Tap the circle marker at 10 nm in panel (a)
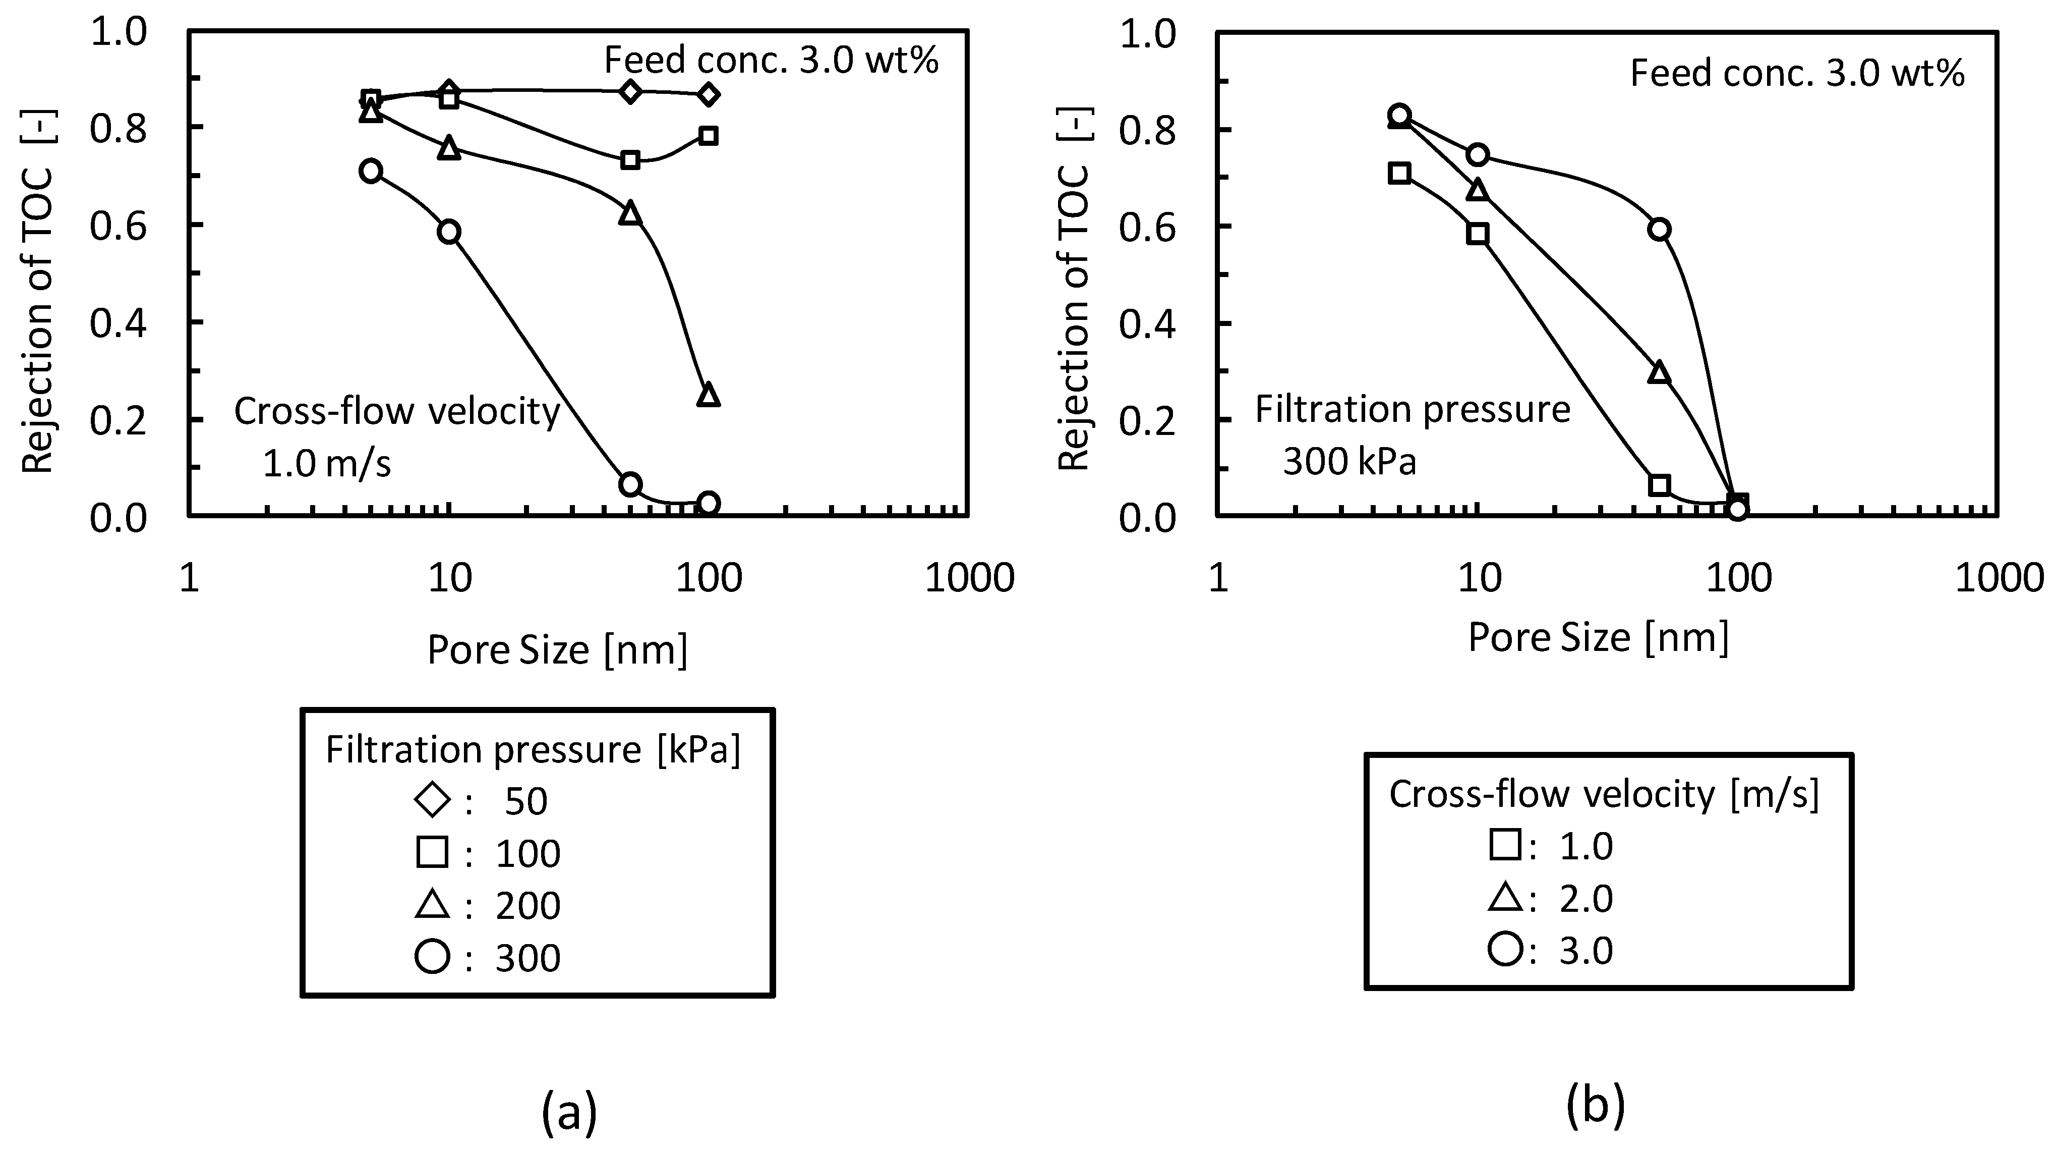(x=449, y=232)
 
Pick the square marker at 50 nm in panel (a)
(x=630, y=159)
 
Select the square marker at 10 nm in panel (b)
(x=1478, y=234)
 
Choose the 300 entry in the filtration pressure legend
(x=527, y=958)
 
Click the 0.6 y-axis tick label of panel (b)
(x=1147, y=228)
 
